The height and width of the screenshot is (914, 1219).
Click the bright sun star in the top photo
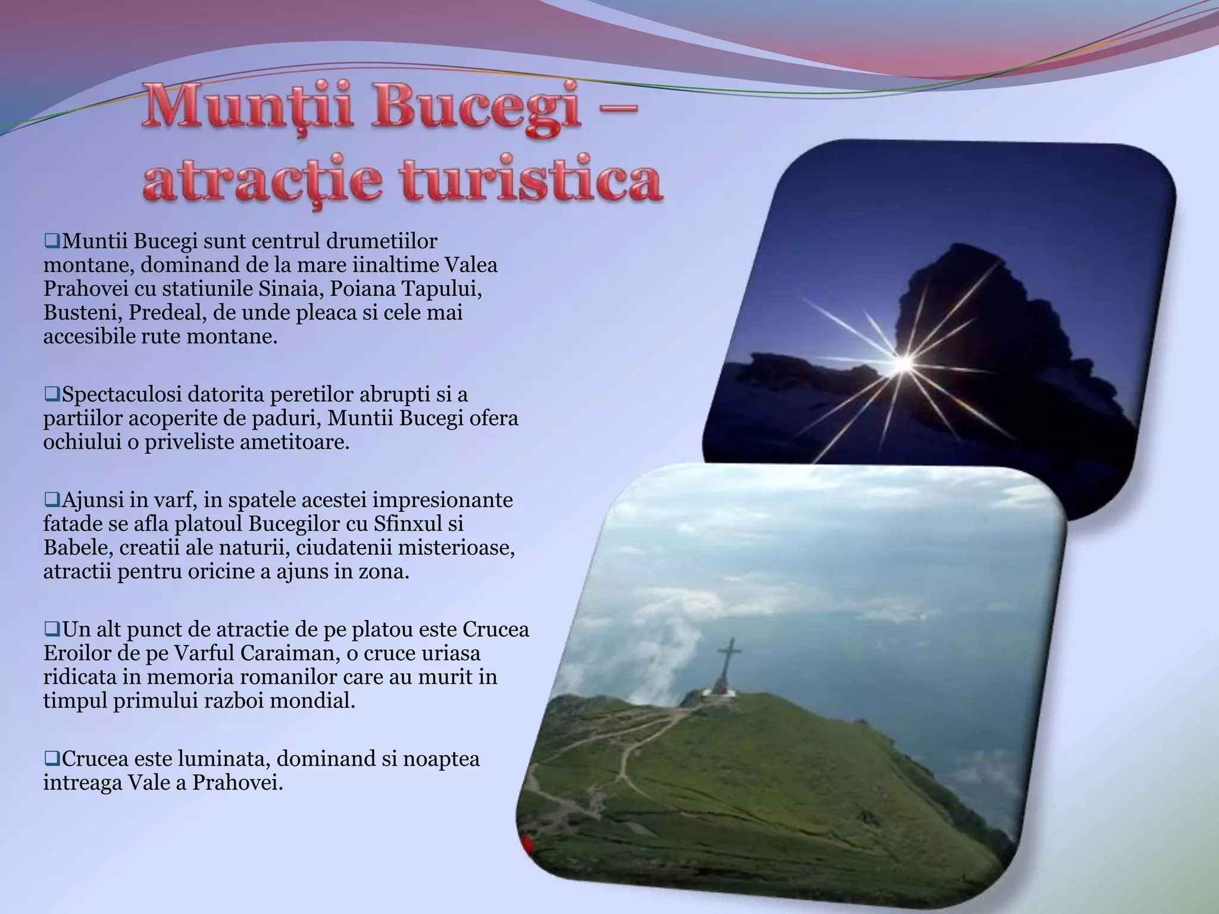coord(903,362)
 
